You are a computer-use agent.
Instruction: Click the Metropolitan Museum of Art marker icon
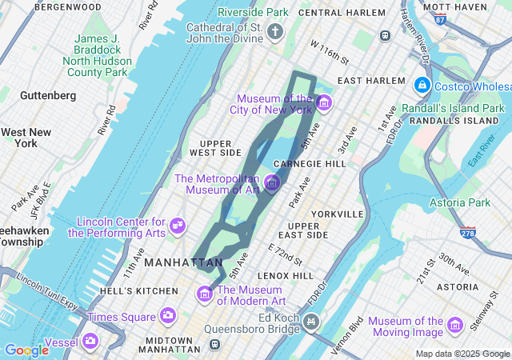tap(271, 183)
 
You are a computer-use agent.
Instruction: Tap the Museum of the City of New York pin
tap(323, 102)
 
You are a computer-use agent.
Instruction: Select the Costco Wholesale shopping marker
tap(422, 84)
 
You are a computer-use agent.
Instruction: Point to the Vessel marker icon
tap(90, 342)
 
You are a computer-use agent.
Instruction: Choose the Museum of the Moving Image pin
tap(455, 325)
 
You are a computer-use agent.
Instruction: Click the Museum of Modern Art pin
tap(205, 294)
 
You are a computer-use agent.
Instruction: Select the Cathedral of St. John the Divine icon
tap(275, 33)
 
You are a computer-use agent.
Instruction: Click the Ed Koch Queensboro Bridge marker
tap(310, 322)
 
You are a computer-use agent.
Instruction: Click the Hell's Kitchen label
tap(138, 290)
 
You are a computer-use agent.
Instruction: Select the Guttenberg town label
tap(48, 95)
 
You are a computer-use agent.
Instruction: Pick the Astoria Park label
tap(460, 203)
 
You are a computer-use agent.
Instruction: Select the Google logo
tap(26, 350)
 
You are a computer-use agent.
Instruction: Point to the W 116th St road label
tap(330, 52)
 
